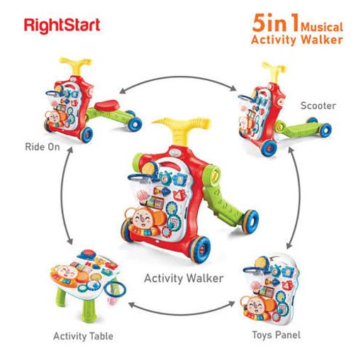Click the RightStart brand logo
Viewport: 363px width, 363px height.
[x=62, y=26]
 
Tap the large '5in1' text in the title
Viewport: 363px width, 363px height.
[x=276, y=23]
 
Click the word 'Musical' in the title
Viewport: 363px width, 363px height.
[x=322, y=27]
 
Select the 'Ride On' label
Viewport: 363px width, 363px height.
[x=43, y=147]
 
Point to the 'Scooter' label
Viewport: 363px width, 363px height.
[x=318, y=106]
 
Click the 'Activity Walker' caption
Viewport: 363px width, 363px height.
[x=184, y=278]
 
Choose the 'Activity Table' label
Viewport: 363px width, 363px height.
[x=83, y=336]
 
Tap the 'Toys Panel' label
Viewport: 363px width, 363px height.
[x=277, y=335]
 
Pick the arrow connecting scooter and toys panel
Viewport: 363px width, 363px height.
[x=298, y=198]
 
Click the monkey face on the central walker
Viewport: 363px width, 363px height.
[x=142, y=219]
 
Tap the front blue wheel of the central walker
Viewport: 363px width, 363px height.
[x=201, y=250]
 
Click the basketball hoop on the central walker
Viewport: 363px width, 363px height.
[x=141, y=178]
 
